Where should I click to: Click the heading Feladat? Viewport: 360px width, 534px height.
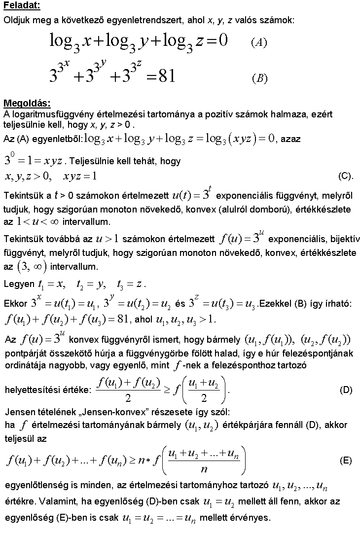(x=22, y=6)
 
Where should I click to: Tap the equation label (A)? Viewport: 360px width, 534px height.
(x=259, y=42)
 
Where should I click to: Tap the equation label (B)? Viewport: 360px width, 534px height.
(x=259, y=79)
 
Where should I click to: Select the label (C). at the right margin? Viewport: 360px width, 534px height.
(x=346, y=176)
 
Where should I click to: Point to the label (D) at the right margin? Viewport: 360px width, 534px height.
(x=346, y=390)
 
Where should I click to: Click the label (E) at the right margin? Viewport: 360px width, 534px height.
(x=346, y=461)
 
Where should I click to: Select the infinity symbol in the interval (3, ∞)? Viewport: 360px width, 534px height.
(x=37, y=266)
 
